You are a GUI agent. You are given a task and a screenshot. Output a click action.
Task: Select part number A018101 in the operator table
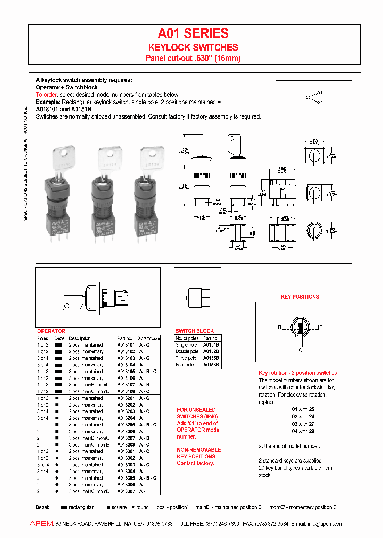[x=126, y=345]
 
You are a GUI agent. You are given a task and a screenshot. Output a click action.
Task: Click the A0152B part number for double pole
[x=211, y=352]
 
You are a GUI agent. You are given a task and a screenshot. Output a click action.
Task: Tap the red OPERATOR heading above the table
[x=51, y=331]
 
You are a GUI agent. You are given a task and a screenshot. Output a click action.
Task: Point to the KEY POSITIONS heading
[x=300, y=297]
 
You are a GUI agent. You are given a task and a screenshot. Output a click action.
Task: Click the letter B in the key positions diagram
[x=279, y=327]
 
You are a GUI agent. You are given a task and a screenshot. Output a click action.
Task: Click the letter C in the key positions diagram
[x=321, y=327]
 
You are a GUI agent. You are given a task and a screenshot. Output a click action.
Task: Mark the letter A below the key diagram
[x=300, y=350]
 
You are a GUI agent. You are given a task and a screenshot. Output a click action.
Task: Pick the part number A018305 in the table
[x=126, y=478]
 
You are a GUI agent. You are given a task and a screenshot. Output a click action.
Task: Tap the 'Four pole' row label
[x=185, y=365]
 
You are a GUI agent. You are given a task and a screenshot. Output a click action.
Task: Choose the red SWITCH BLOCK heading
[x=194, y=331]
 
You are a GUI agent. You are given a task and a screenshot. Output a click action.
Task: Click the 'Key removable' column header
[x=148, y=338]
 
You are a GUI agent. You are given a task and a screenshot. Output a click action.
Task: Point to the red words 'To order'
[x=46, y=95]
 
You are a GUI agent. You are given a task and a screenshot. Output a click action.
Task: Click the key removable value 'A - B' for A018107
[x=144, y=385]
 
